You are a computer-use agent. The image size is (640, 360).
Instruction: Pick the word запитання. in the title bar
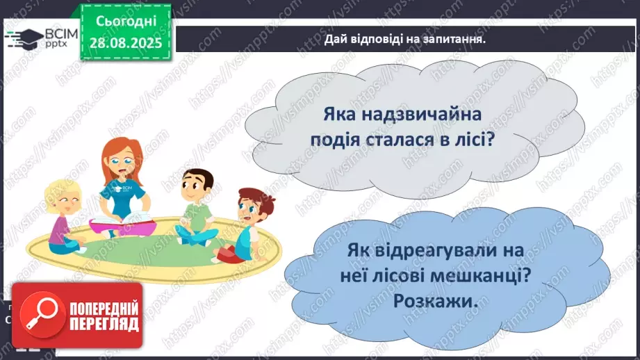(451, 39)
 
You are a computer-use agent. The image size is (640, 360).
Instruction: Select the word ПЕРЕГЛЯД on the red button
(104, 325)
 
